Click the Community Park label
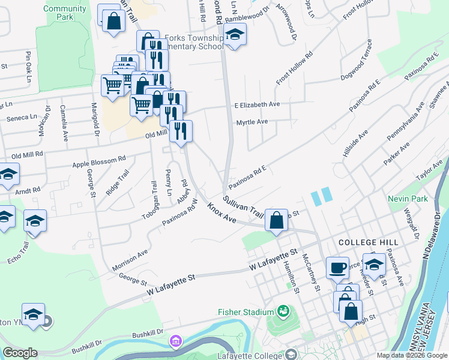point(65,13)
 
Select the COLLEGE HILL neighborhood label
point(368,242)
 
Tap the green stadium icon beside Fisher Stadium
point(282,311)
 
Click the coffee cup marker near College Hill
point(337,267)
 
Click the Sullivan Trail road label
point(243,206)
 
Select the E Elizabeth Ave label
point(258,104)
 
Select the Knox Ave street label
point(221,212)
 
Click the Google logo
point(20,353)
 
